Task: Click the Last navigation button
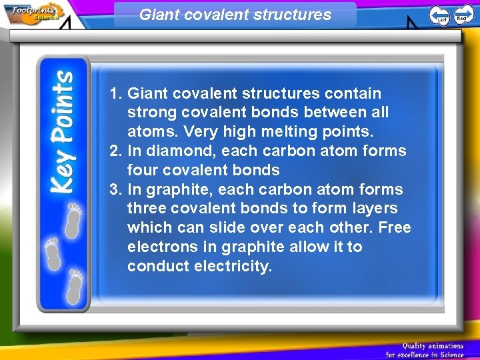click(x=439, y=15)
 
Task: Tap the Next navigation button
click(x=463, y=15)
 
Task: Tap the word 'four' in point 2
click(x=142, y=170)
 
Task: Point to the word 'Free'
click(x=395, y=228)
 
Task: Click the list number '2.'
click(x=116, y=151)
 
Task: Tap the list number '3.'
click(x=116, y=189)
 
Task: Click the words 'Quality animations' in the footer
click(x=433, y=345)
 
